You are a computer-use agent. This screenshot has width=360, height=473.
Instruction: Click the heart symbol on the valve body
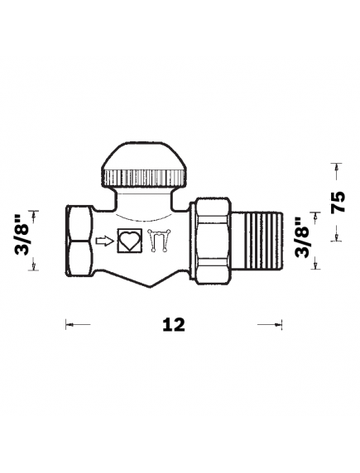[x=130, y=241]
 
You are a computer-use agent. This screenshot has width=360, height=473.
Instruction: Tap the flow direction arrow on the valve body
[x=105, y=241]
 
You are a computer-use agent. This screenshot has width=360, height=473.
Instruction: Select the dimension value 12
[x=174, y=325]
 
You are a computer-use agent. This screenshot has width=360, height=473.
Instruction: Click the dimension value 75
[x=338, y=202]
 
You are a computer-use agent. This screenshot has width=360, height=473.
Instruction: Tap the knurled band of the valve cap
[x=144, y=178]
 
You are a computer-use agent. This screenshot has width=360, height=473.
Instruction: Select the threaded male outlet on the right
[x=257, y=241]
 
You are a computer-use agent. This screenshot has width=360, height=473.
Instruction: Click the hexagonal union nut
[x=213, y=241]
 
